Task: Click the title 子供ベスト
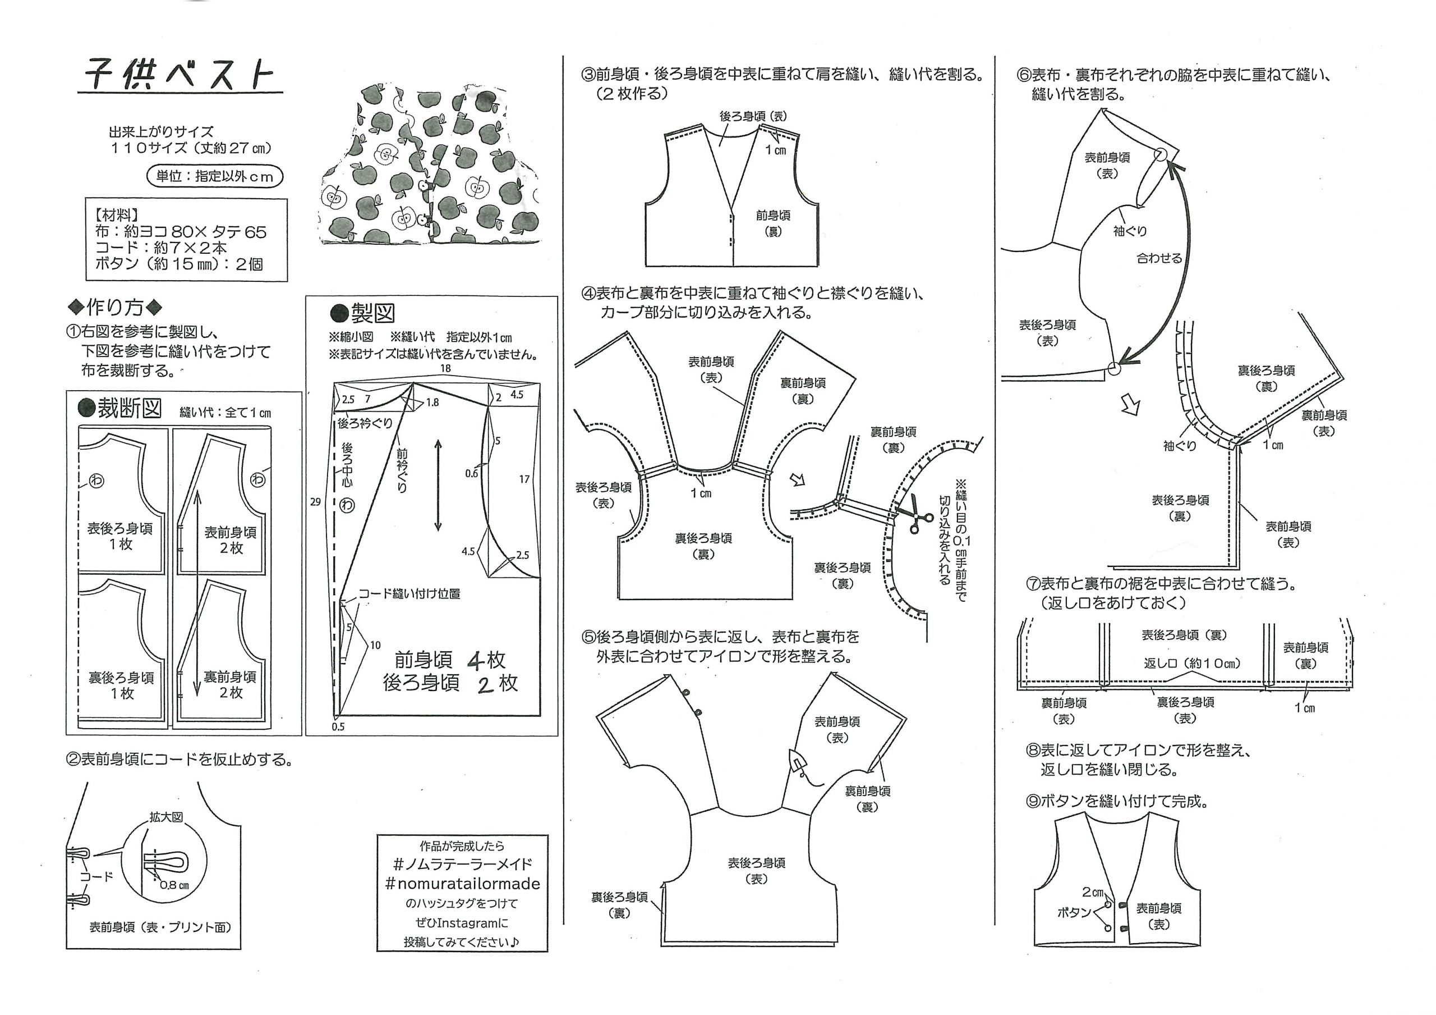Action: [179, 76]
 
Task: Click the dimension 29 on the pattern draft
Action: [315, 501]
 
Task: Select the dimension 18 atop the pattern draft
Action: [445, 369]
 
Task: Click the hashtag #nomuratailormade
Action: [462, 884]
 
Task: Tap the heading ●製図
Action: [362, 313]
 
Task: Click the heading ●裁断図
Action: [120, 409]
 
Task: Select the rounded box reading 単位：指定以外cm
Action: [214, 176]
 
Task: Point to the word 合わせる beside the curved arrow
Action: [1159, 258]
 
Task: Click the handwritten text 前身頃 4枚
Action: [449, 660]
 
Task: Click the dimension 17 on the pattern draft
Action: [524, 479]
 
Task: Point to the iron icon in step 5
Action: [799, 763]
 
